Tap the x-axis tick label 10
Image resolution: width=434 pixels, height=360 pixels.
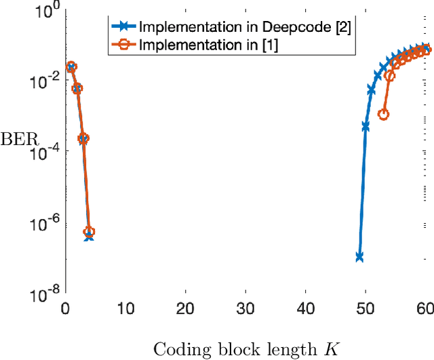125,308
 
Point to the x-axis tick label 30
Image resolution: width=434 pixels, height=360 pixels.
245,308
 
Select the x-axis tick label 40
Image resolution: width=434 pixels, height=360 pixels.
305,308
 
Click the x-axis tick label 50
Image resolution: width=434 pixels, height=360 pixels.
365,308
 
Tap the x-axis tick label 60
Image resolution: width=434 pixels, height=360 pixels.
424,308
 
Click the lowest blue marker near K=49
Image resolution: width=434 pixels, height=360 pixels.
359,256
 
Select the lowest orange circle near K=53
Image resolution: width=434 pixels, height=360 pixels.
383,114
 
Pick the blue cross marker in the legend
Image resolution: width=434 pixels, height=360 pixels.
124,27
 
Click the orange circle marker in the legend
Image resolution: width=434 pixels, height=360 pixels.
124,46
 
